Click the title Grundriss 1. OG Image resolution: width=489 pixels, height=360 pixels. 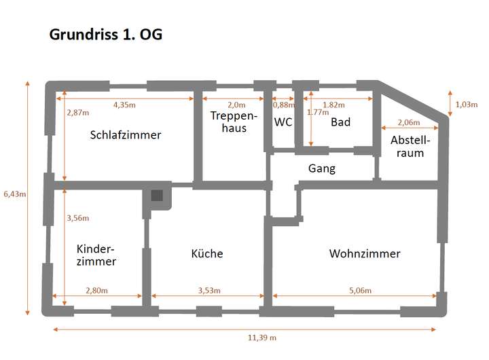point(106,35)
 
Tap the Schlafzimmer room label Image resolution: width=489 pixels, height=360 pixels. point(126,134)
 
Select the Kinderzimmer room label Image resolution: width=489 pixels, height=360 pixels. point(96,255)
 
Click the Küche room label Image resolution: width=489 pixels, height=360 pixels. point(207,253)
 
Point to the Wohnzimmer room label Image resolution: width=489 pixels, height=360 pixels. point(365,253)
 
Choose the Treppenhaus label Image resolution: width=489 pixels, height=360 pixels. point(233,122)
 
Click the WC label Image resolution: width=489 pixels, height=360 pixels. point(283,122)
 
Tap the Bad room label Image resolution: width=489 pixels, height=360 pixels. point(340,122)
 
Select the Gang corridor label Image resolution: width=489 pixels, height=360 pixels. point(322,168)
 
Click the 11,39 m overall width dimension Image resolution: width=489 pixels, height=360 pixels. point(261,338)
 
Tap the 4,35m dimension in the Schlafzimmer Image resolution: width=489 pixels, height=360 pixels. point(124,105)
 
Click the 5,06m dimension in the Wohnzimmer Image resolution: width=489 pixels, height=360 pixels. point(361,291)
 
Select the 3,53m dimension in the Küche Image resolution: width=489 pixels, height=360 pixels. point(209,291)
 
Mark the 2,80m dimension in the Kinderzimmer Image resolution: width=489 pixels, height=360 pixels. point(97,291)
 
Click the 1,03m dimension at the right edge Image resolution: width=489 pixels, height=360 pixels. point(466,104)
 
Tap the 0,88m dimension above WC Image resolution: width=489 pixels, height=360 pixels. point(284,105)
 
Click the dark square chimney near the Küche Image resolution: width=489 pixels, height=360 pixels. point(157,196)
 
